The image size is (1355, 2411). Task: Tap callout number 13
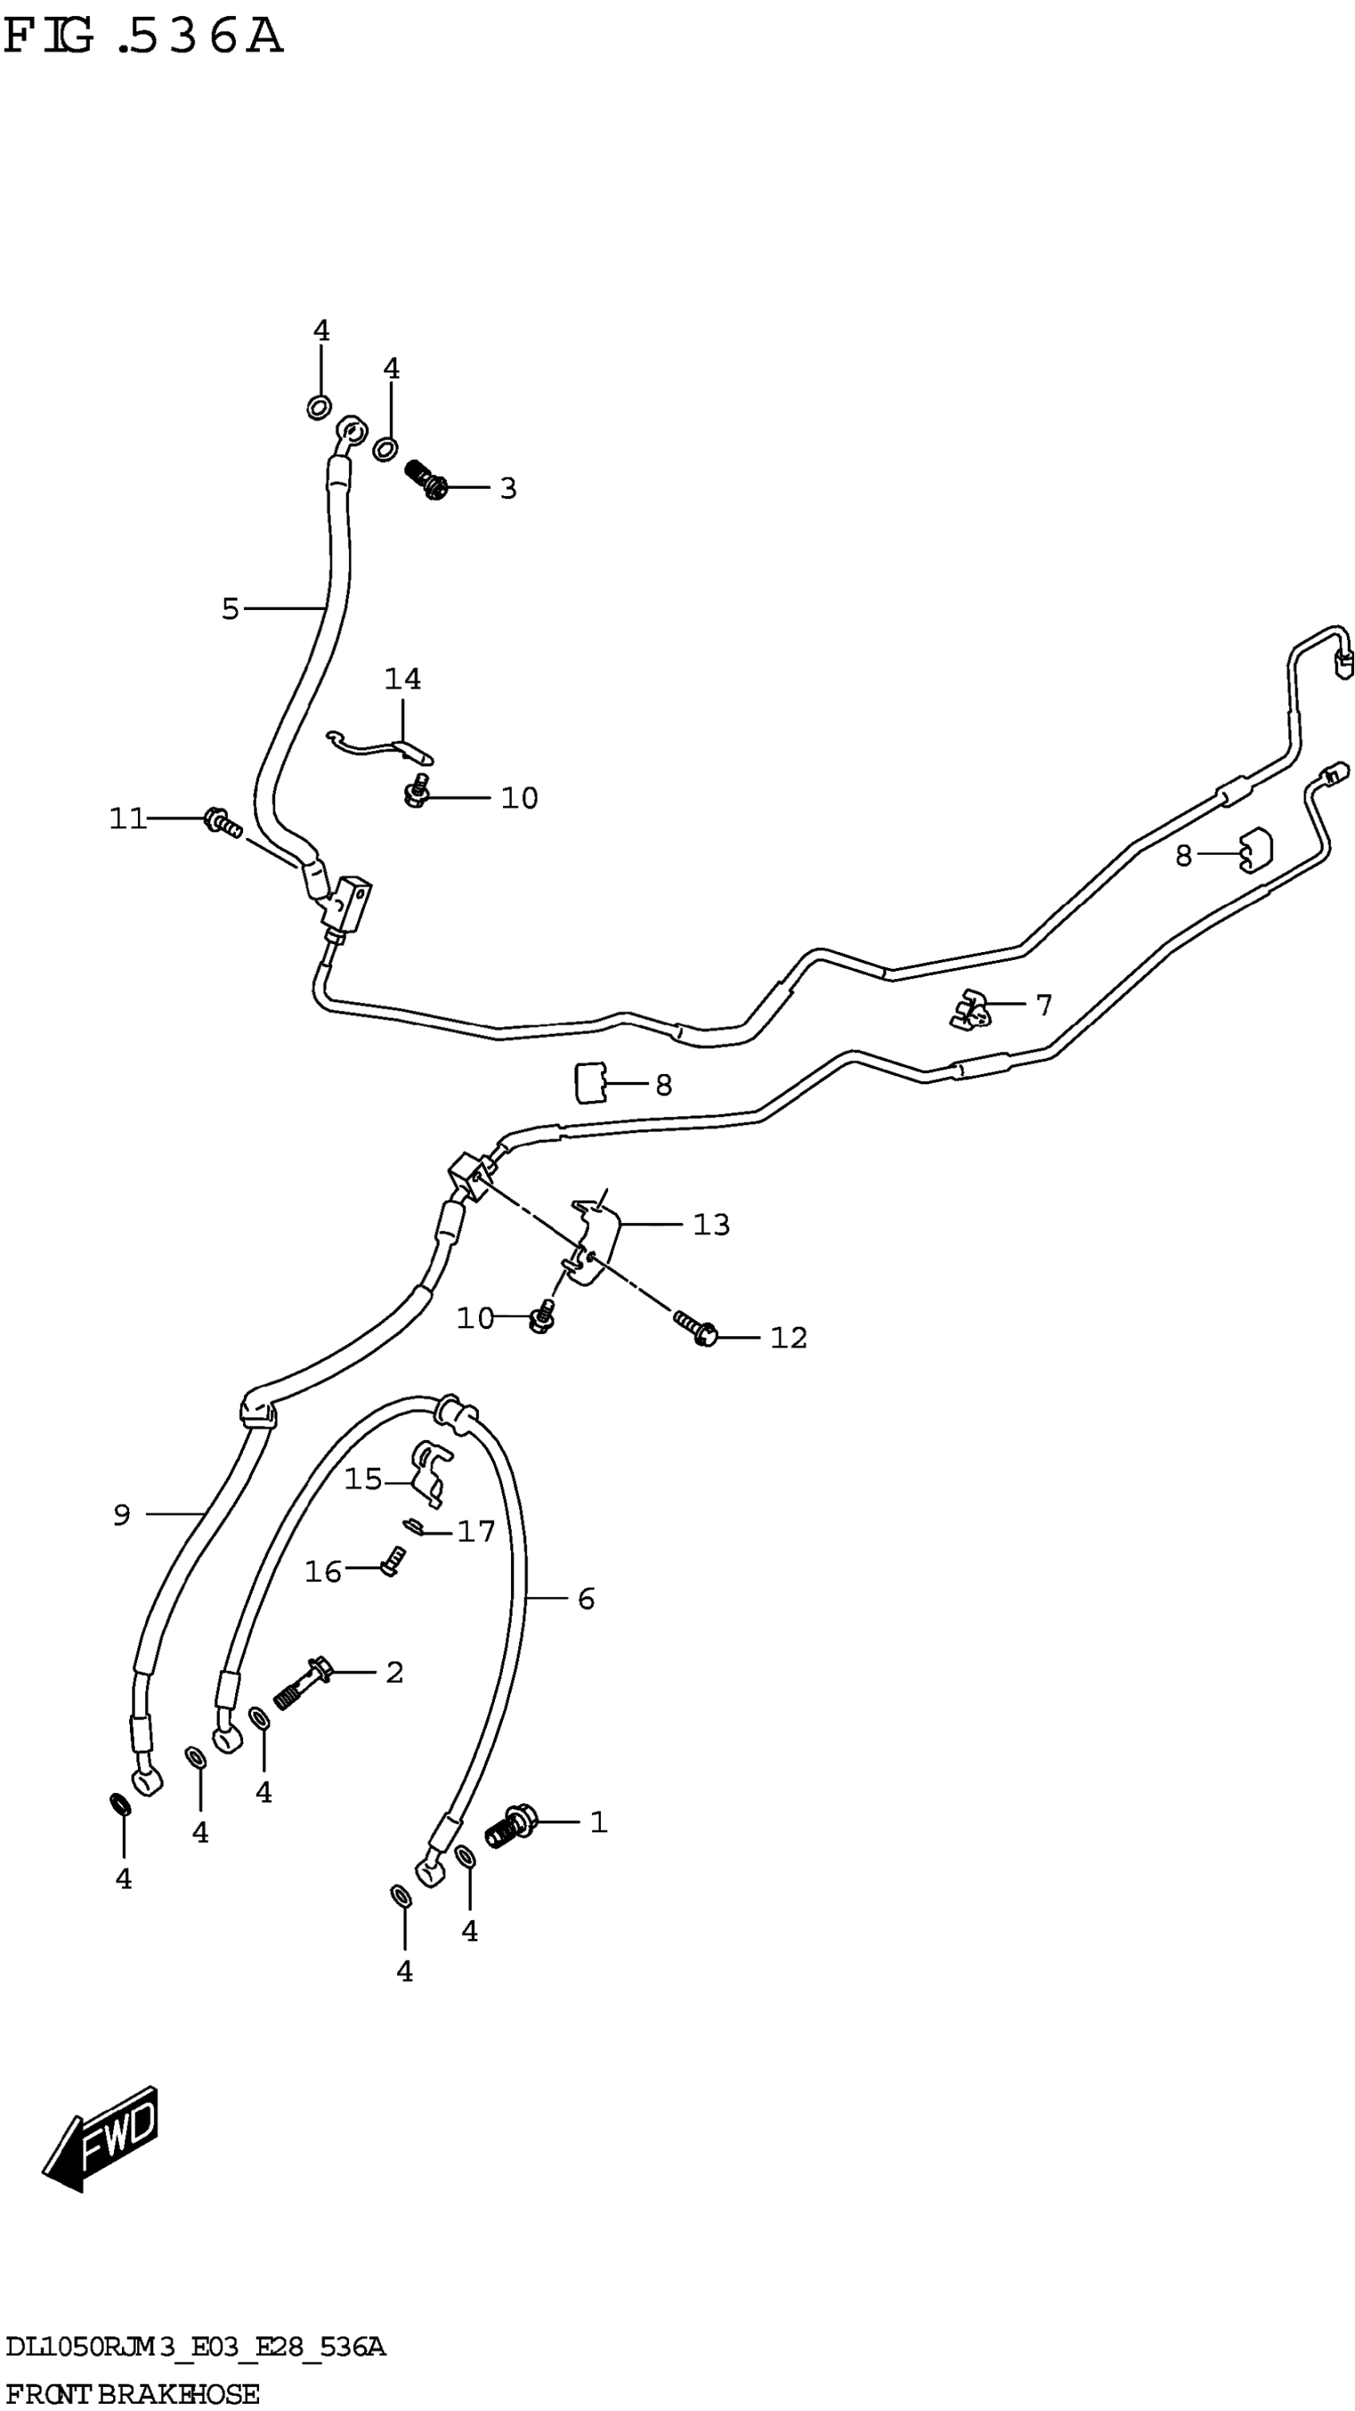click(x=711, y=1224)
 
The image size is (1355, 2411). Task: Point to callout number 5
click(x=230, y=609)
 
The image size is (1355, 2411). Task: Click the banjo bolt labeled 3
click(x=426, y=478)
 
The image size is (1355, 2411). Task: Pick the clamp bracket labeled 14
click(x=382, y=744)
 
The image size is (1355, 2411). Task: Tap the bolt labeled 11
click(x=222, y=823)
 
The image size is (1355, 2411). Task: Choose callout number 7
click(x=1044, y=1005)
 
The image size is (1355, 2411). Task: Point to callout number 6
click(x=587, y=1599)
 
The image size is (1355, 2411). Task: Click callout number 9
click(x=122, y=1514)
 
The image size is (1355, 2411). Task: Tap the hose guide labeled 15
click(x=430, y=1470)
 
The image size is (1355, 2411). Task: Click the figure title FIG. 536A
click(x=142, y=37)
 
